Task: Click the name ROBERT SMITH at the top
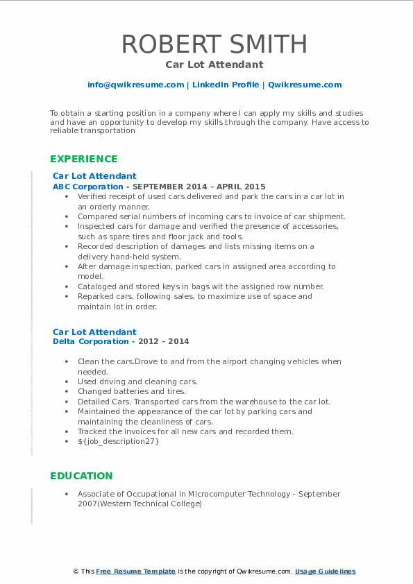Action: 214,44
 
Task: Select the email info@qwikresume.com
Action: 135,85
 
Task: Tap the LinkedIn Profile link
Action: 226,85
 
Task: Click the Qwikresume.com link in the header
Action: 305,85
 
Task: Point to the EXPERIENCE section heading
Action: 83,159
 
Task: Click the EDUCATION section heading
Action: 81,476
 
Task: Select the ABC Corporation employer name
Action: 89,187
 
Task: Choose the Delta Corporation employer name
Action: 90,341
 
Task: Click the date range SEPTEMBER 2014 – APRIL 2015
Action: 199,187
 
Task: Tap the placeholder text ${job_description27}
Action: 118,441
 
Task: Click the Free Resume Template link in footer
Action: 136,572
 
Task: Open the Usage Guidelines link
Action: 325,572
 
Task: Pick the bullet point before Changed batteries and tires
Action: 66,391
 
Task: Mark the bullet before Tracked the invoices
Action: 66,431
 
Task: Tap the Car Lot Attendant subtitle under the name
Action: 214,65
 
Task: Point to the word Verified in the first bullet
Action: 92,196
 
